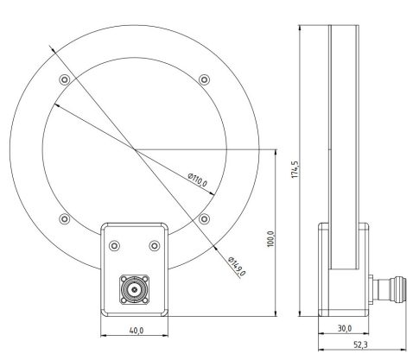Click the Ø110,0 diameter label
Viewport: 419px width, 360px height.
point(197,180)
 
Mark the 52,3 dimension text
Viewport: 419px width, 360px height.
point(355,344)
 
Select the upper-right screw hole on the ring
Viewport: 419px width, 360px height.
point(203,79)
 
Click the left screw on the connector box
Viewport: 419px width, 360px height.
point(113,246)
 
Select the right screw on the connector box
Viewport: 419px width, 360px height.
point(153,246)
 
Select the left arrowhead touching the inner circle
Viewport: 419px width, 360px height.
point(57,105)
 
